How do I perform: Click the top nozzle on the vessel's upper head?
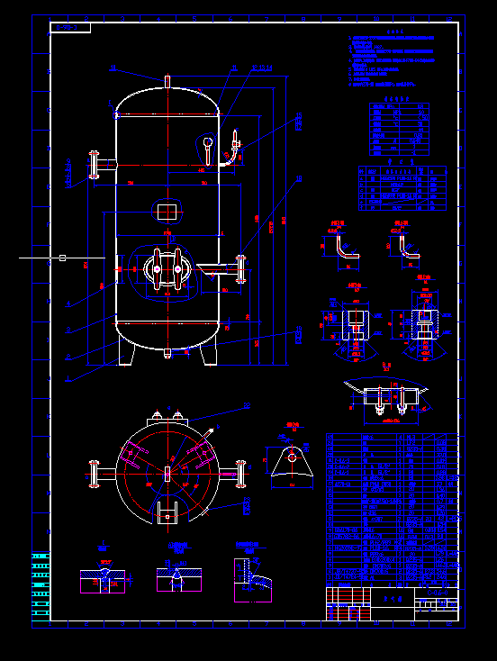pyautogui.click(x=167, y=81)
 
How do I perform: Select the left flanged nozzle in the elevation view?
pyautogui.click(x=94, y=166)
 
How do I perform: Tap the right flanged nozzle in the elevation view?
pyautogui.click(x=239, y=267)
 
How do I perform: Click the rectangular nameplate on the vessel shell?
pyautogui.click(x=167, y=211)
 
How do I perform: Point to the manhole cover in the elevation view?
pyautogui.click(x=167, y=268)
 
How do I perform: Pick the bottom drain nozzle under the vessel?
pyautogui.click(x=167, y=353)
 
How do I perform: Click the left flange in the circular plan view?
pyautogui.click(x=94, y=475)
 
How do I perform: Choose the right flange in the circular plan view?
pyautogui.click(x=240, y=475)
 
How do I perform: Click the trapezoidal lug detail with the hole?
pyautogui.click(x=293, y=462)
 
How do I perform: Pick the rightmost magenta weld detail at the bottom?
pyautogui.click(x=253, y=577)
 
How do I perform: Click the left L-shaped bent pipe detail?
pyautogui.click(x=343, y=251)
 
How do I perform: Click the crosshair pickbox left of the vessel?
pyautogui.click(x=62, y=258)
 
